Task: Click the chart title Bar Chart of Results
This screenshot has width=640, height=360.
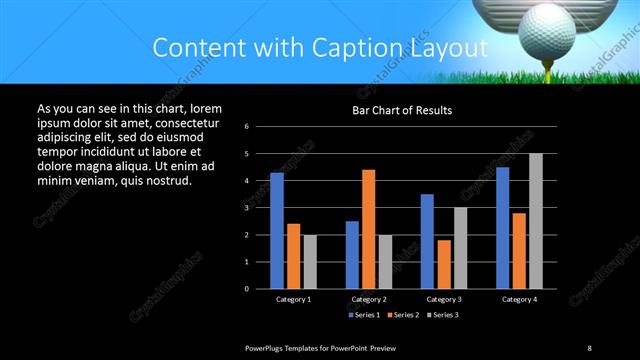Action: coord(402,110)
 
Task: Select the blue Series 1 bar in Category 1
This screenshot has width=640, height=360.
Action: coord(276,231)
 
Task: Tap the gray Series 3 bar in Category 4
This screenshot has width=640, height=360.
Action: coord(535,221)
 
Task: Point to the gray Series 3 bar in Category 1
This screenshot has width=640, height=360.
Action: coord(310,262)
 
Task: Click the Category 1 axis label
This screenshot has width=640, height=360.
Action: coord(293,299)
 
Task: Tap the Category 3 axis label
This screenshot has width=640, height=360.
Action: coord(443,299)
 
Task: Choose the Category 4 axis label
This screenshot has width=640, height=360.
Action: coord(518,299)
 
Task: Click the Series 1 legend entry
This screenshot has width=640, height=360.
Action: coord(364,315)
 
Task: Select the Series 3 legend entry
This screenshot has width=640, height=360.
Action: coord(441,315)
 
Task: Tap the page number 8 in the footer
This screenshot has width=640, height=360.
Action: coord(589,347)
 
